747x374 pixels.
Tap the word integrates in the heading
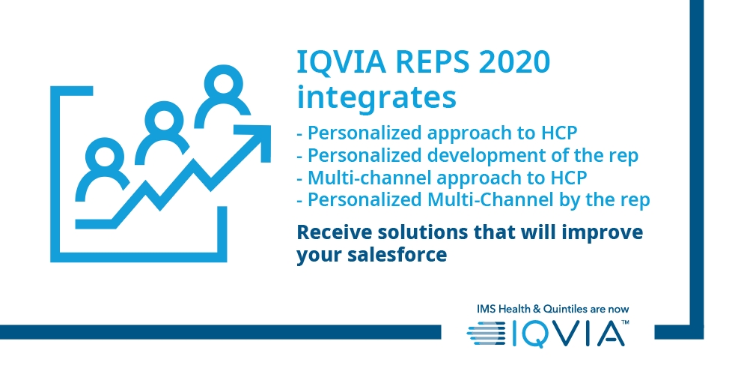point(376,97)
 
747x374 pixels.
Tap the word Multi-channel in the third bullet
point(369,178)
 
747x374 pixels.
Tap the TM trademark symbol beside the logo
point(626,323)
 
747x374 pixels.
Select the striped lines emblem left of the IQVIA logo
point(487,333)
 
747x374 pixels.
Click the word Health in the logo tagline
point(513,309)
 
